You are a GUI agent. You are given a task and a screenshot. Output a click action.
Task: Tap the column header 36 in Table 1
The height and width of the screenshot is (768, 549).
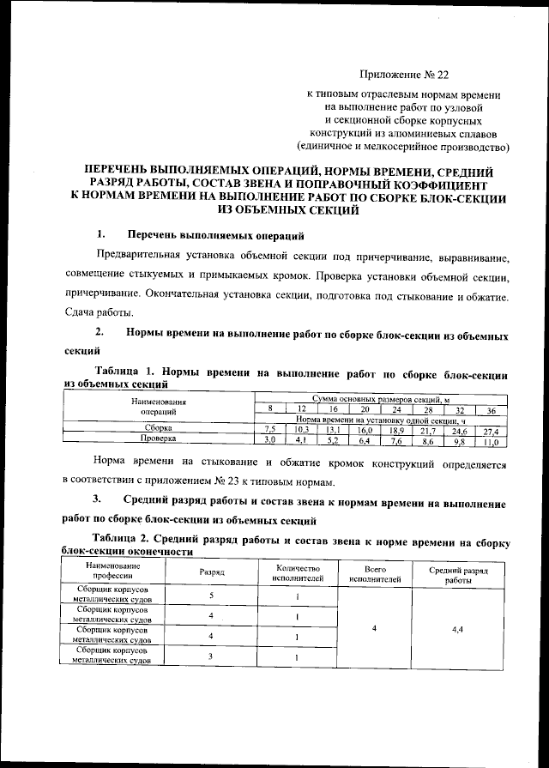point(491,409)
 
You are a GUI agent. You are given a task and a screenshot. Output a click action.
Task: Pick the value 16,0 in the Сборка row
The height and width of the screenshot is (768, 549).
point(365,429)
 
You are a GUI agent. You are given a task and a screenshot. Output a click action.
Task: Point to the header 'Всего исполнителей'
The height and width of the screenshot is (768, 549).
point(371,572)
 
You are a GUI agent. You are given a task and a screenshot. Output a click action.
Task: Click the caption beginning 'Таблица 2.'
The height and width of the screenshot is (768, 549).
point(287,545)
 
